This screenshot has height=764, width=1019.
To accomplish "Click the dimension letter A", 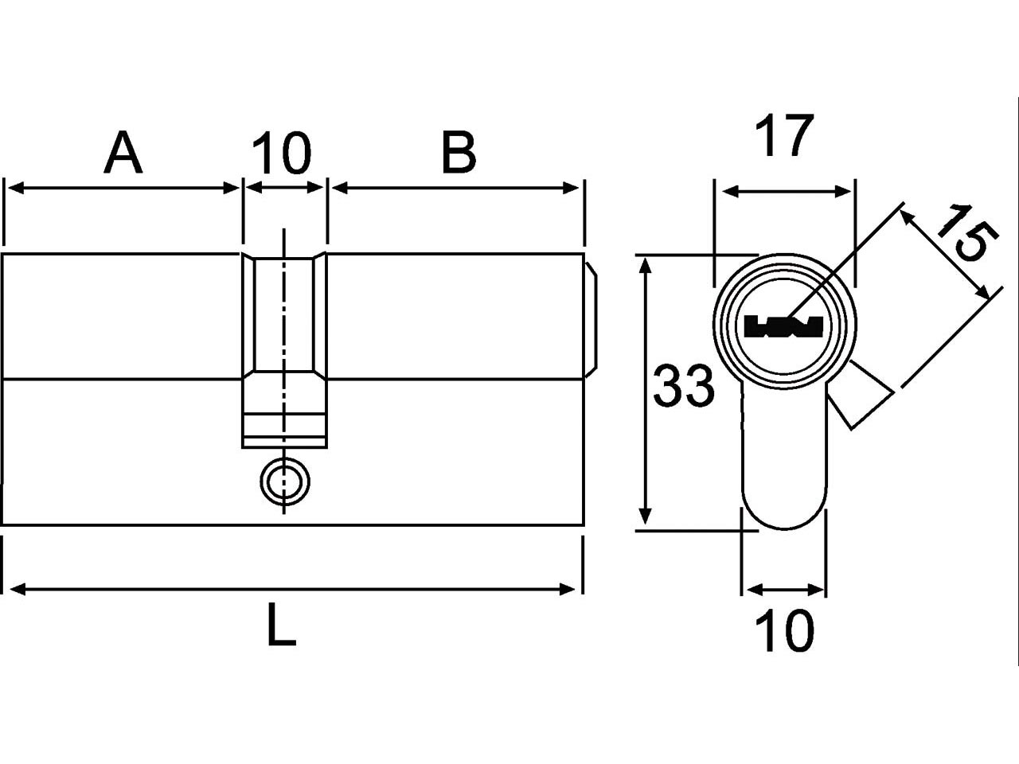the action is [x=123, y=152].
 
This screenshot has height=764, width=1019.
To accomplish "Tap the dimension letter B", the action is [x=459, y=153].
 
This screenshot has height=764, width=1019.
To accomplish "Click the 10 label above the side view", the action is [x=281, y=153].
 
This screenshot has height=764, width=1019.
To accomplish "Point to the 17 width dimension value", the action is [x=784, y=135].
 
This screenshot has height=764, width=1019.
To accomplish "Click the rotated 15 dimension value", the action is [x=961, y=233].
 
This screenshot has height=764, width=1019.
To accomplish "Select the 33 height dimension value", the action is [x=683, y=386].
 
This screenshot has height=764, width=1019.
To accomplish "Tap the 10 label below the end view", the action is [x=785, y=631].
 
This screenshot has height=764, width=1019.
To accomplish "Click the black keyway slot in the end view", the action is [x=783, y=326].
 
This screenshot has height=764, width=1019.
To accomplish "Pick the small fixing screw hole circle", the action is [x=285, y=481].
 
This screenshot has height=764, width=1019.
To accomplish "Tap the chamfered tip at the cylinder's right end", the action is [x=591, y=320].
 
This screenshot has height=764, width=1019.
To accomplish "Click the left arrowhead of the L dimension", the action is [x=18, y=590].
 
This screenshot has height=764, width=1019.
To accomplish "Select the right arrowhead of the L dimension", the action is [x=568, y=590].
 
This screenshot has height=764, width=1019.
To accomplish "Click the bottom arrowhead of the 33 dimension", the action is [x=645, y=516].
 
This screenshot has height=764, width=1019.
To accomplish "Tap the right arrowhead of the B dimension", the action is [x=571, y=189].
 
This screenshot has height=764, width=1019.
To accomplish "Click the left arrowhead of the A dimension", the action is [x=16, y=189].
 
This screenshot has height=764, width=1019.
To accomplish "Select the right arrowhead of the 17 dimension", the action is [x=842, y=192].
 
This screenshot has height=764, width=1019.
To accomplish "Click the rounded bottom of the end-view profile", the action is [x=783, y=528].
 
